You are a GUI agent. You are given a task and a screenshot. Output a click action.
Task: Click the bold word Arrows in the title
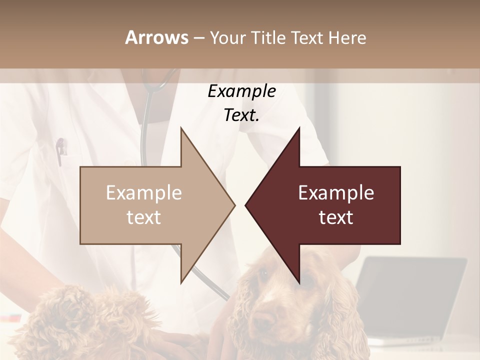[x=156, y=37]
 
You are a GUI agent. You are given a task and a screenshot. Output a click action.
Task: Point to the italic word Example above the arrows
[x=241, y=91]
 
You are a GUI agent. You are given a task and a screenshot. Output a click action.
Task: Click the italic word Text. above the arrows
[x=241, y=115]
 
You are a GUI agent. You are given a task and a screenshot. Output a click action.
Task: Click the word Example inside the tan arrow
[x=143, y=192]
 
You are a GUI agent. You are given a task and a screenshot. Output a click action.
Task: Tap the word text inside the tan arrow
[x=143, y=217]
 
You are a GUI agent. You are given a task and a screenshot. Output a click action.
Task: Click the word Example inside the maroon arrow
[x=336, y=192]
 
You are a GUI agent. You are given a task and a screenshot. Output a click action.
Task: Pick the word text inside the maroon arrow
[x=336, y=217]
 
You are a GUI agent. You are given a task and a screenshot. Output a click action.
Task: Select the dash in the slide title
[x=198, y=38]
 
